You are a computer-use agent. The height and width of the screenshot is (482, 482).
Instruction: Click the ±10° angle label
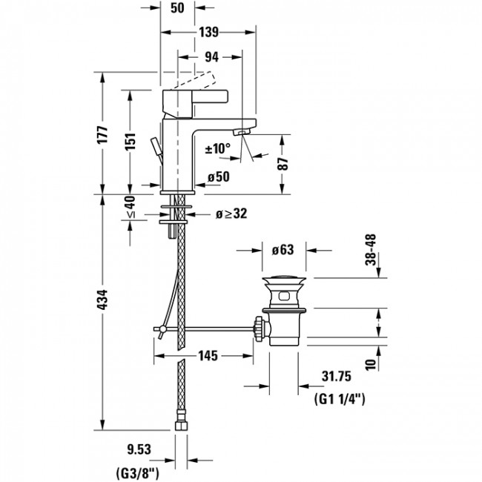click(x=217, y=149)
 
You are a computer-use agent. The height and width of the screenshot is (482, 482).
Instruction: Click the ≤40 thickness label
click(x=131, y=207)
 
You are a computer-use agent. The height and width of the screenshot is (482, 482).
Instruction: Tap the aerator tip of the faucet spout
click(x=241, y=132)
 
